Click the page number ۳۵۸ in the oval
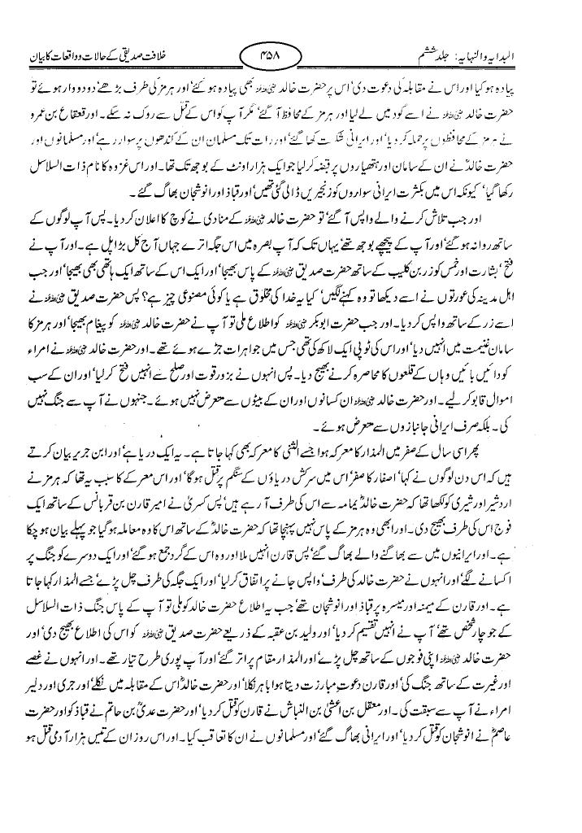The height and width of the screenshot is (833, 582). coord(290,58)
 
